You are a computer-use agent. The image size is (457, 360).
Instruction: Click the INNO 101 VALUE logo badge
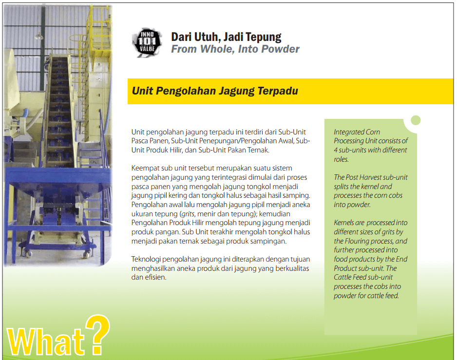click(x=147, y=43)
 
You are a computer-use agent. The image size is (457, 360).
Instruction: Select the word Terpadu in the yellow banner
click(x=278, y=91)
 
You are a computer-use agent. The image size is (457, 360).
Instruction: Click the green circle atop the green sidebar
click(x=416, y=120)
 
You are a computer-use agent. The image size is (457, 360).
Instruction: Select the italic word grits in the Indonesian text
click(x=188, y=214)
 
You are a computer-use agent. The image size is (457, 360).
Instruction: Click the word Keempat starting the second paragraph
click(x=145, y=169)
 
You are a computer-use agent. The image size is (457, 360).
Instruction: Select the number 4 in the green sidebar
click(x=336, y=150)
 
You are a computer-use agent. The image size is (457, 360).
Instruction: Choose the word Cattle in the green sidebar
click(x=343, y=277)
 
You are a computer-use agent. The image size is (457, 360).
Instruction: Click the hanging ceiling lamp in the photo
click(x=39, y=36)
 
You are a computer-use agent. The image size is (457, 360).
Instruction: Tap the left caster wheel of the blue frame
click(x=28, y=254)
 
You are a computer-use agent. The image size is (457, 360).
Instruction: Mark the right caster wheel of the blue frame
click(x=86, y=254)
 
